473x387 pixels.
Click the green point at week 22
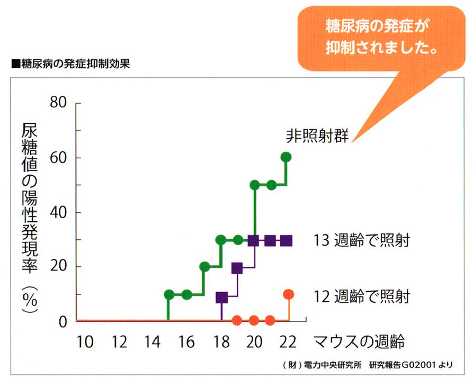pyautogui.click(x=286, y=157)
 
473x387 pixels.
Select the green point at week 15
pyautogui.click(x=169, y=294)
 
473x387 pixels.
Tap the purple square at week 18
pyautogui.click(x=222, y=298)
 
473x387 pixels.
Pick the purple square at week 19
pyautogui.click(x=237, y=268)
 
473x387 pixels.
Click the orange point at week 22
pyautogui.click(x=289, y=294)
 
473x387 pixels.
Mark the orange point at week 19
pyautogui.click(x=237, y=320)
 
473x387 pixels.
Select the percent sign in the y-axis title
pyautogui.click(x=30, y=300)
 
